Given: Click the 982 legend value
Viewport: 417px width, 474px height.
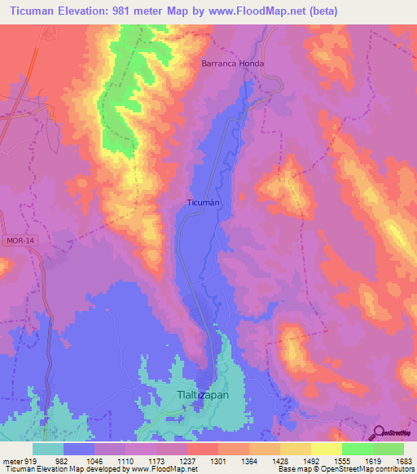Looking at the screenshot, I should pos(62,460).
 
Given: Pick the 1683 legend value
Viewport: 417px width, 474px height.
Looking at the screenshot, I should pos(402,460).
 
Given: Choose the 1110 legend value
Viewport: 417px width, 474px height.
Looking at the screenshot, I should pos(124,460).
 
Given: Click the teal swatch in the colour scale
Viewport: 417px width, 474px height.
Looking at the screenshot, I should pos(47,449).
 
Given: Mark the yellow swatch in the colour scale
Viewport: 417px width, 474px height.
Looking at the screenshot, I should pos(326,449).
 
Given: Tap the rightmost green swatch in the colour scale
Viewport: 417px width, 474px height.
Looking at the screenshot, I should pos(388,449).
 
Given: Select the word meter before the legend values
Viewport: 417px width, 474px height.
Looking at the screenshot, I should pos(11,460).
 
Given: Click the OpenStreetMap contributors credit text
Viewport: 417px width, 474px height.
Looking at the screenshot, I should pos(370,469).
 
